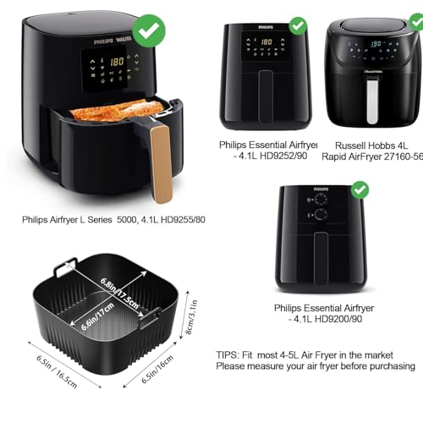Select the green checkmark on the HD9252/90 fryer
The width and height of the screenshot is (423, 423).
[x=298, y=25]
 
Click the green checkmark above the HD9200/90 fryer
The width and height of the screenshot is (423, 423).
[x=360, y=190]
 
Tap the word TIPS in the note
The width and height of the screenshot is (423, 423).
[x=231, y=354]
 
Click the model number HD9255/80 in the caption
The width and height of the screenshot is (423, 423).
[x=180, y=219]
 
